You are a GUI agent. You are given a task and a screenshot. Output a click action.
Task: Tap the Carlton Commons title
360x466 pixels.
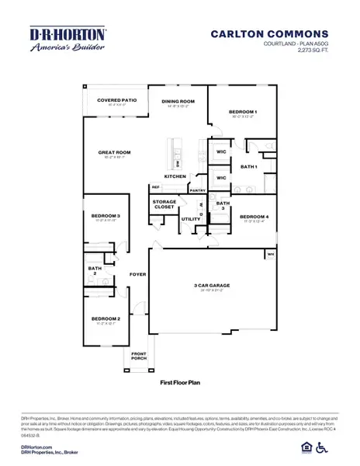coord(268,33)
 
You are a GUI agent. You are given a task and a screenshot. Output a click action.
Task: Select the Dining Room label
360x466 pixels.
coord(178,101)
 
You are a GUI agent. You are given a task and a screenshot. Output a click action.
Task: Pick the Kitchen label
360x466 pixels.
coord(175,176)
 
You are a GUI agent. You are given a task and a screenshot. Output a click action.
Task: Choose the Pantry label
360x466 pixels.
coord(197,190)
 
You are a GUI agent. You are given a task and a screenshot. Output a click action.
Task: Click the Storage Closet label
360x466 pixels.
coord(164,204)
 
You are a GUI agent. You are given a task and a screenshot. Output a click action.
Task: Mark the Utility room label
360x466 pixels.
coord(190,219)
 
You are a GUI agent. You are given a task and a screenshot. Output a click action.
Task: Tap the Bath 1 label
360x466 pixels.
coord(248,167)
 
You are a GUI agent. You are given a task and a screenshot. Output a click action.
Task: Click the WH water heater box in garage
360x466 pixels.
coord(271,254)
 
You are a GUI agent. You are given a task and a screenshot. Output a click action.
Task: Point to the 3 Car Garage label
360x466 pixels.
coord(211,286)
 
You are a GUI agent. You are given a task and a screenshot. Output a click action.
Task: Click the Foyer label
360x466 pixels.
coord(137,274)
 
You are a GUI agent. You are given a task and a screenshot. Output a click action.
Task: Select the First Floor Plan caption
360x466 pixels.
coord(179,383)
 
